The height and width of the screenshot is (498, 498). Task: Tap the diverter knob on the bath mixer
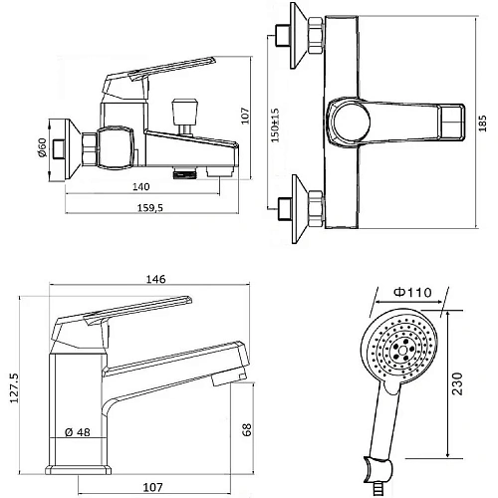tap(183, 107)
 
